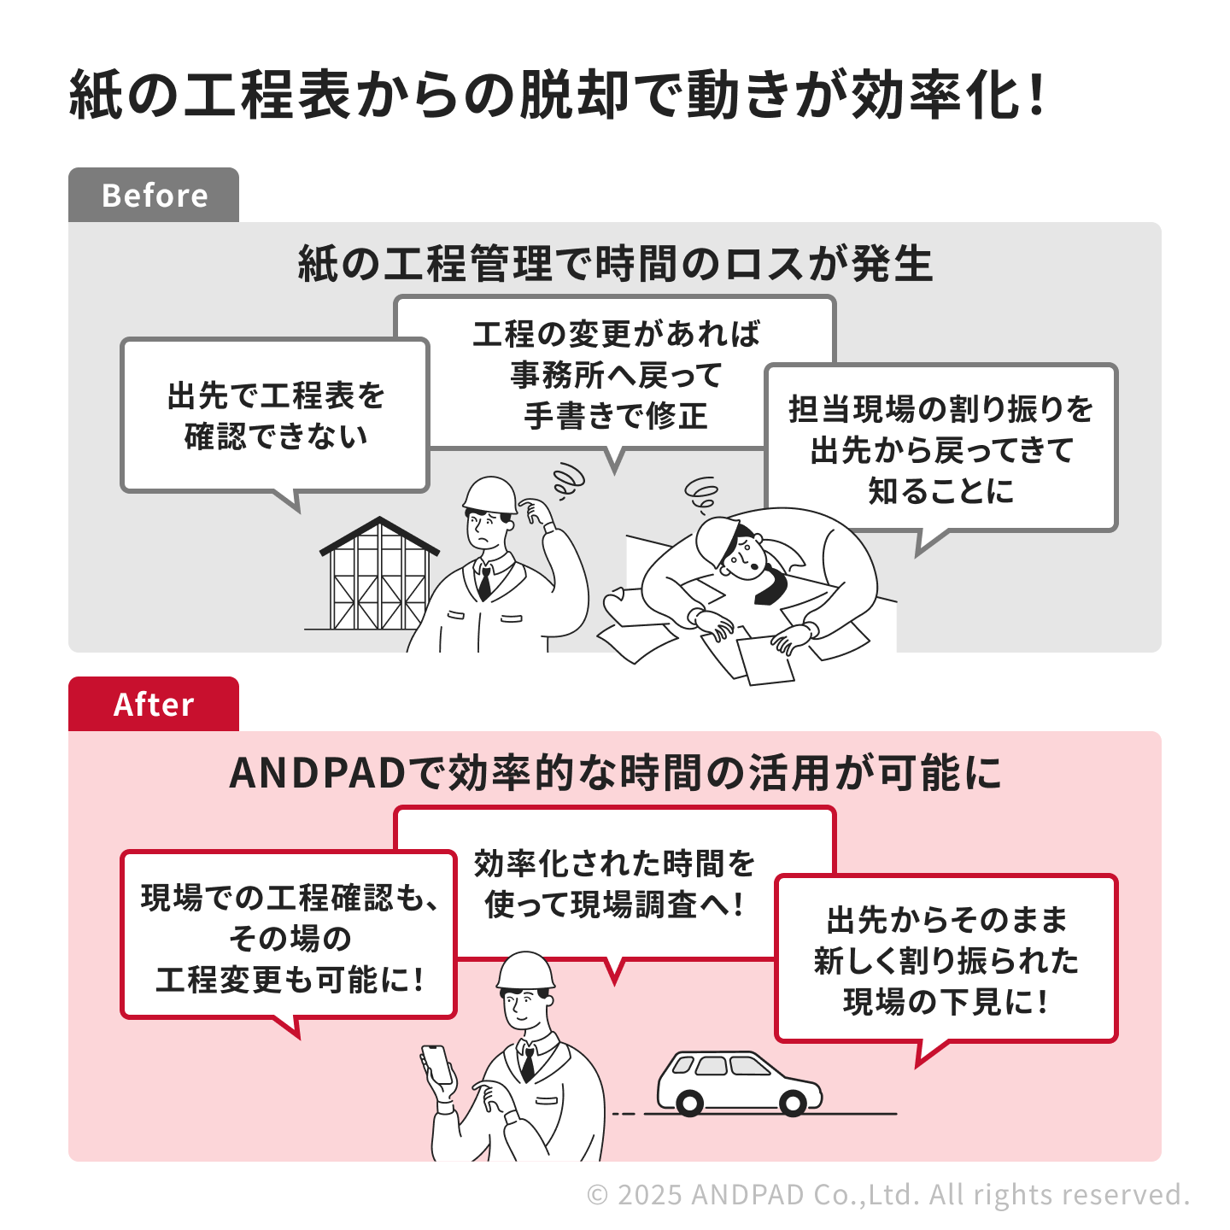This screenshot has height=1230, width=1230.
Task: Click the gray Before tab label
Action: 154,195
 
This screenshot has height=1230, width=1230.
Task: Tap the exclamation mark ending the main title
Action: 1036,95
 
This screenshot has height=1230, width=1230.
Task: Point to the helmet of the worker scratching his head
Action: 489,494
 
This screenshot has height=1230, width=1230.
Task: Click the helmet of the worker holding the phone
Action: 524,971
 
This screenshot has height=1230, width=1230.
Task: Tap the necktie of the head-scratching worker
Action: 485,582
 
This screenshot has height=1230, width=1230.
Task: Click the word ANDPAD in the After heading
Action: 317,773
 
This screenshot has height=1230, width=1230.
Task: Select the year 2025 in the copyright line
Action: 650,1195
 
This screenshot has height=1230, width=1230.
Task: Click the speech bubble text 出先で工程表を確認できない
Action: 276,416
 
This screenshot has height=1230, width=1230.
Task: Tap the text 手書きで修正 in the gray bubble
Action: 615,416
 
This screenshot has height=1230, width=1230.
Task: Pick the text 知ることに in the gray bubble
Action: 940,491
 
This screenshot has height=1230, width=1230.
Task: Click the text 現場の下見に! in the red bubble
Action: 946,1001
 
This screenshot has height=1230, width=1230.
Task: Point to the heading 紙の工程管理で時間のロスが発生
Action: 615,263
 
